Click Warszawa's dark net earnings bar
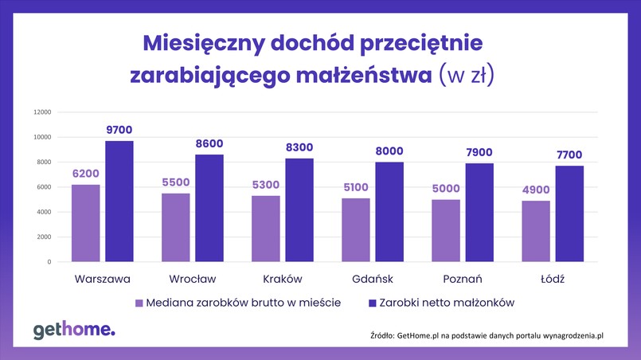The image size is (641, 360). pos(119,201)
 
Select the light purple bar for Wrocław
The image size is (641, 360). pos(175,227)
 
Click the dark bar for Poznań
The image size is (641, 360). pos(479,212)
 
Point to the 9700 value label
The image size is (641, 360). pos(119,130)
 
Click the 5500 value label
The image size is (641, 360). pos(175,182)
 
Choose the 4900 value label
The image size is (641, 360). pos(536,190)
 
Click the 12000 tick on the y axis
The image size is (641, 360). pos(41,112)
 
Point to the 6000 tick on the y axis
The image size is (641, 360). pos(44,187)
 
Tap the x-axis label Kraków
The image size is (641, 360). pos(283,279)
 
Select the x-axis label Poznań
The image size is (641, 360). pos(463,279)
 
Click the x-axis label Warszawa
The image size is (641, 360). pos(102,279)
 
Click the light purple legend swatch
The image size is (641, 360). pos(139,303)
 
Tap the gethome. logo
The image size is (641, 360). pos(74,330)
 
